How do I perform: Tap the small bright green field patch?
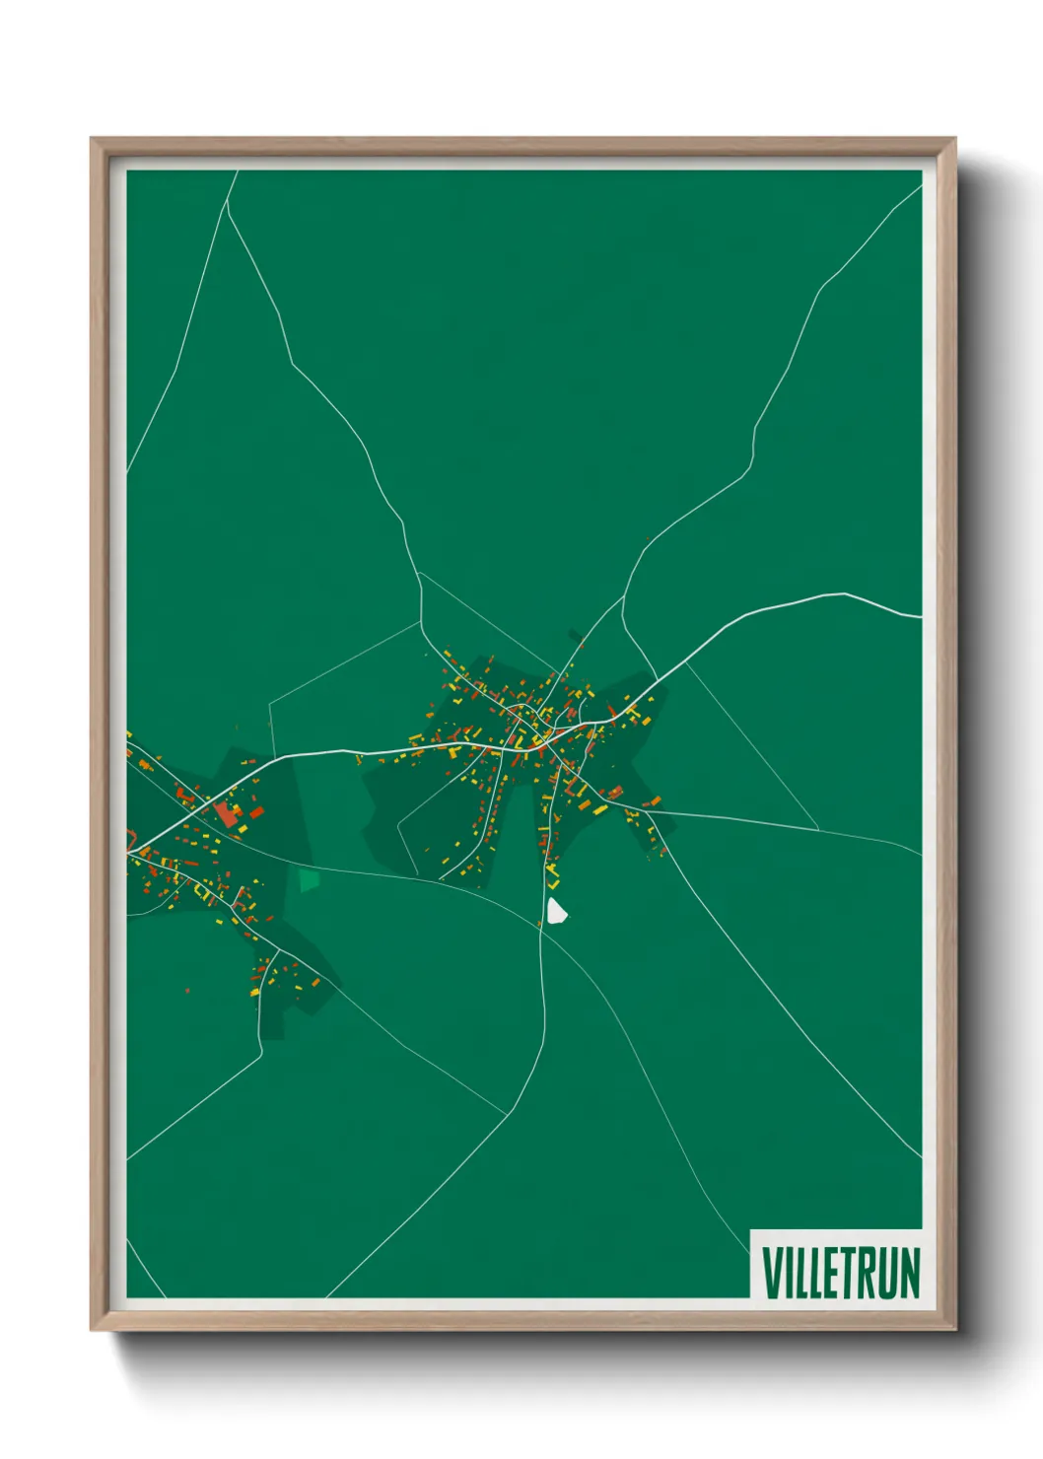coord(310,879)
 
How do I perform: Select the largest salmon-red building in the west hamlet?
coord(228,814)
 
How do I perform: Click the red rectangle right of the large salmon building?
coord(256,812)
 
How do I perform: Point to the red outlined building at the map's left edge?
coord(130,840)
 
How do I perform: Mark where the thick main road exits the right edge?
coord(921,617)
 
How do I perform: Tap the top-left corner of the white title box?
coord(751,1230)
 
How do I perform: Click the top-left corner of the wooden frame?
coord(92,139)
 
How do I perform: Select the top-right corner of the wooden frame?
coord(955,139)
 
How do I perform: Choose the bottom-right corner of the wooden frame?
coord(955,1330)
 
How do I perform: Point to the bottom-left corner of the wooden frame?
coord(92,1330)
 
